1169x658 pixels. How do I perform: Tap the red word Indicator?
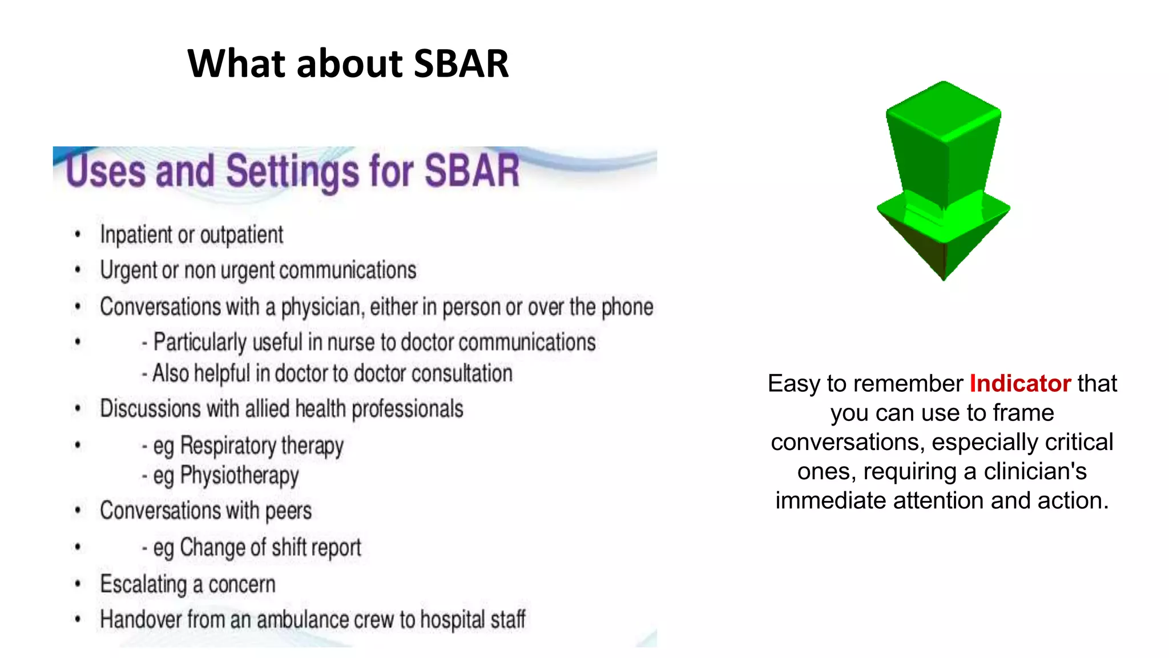1020,383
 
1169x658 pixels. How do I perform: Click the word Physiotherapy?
239,476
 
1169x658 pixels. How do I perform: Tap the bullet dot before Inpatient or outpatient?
78,234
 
